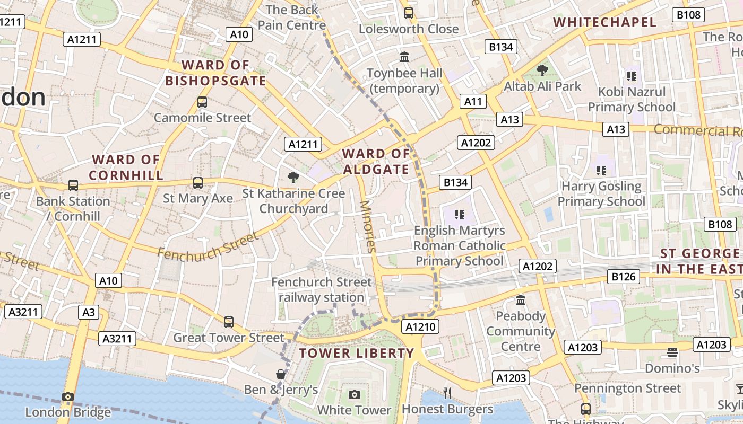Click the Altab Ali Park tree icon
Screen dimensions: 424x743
coord(542,69)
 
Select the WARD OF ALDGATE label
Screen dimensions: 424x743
coord(376,162)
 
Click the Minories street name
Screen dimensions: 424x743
coord(368,226)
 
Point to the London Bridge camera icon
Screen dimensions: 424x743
coord(67,396)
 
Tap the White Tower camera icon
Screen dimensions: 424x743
coord(355,394)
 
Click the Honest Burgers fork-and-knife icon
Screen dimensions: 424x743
coord(447,393)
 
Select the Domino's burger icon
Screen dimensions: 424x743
coord(672,352)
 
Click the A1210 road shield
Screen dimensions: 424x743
coord(421,326)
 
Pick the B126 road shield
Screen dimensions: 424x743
coord(624,276)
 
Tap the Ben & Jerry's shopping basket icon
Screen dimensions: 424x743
coord(281,374)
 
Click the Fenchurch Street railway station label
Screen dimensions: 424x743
coord(322,290)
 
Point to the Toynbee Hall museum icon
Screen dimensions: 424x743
coord(404,56)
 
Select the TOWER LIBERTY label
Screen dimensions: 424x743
coord(356,353)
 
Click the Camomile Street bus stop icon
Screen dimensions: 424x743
coord(202,102)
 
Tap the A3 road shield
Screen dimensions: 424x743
coord(89,312)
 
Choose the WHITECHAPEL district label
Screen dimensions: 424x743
coord(605,22)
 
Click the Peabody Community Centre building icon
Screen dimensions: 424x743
coord(521,300)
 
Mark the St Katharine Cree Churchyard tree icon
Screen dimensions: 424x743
coord(293,178)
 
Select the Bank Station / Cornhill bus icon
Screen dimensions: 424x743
coord(73,185)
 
